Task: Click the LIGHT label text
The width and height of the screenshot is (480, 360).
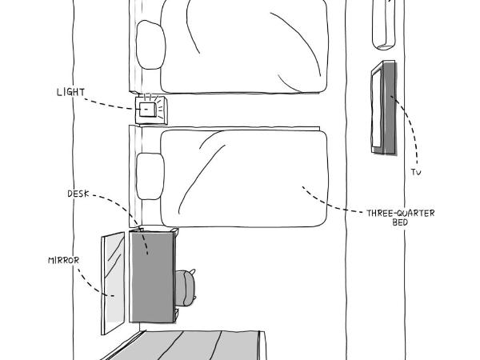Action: point(70,92)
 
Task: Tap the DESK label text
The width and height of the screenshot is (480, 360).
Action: point(78,194)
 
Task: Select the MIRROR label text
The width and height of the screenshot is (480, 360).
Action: point(62,260)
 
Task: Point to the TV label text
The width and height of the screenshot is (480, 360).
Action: point(415,173)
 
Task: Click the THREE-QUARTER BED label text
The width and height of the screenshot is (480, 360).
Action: point(400,217)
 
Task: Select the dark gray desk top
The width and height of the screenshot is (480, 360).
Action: point(151,276)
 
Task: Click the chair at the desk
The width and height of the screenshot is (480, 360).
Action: point(186,287)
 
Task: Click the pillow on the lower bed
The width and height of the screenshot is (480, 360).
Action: point(150,175)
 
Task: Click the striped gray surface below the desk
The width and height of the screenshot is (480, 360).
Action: point(192,346)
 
